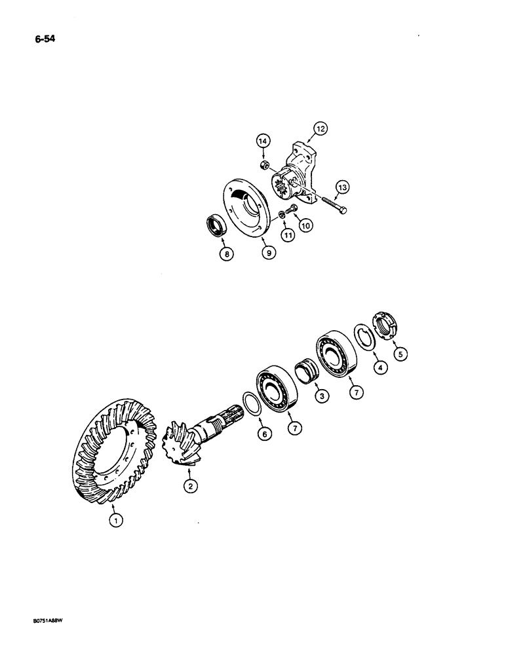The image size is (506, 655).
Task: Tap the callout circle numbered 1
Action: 116,521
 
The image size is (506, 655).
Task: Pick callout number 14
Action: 262,141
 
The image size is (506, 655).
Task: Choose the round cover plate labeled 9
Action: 246,207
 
